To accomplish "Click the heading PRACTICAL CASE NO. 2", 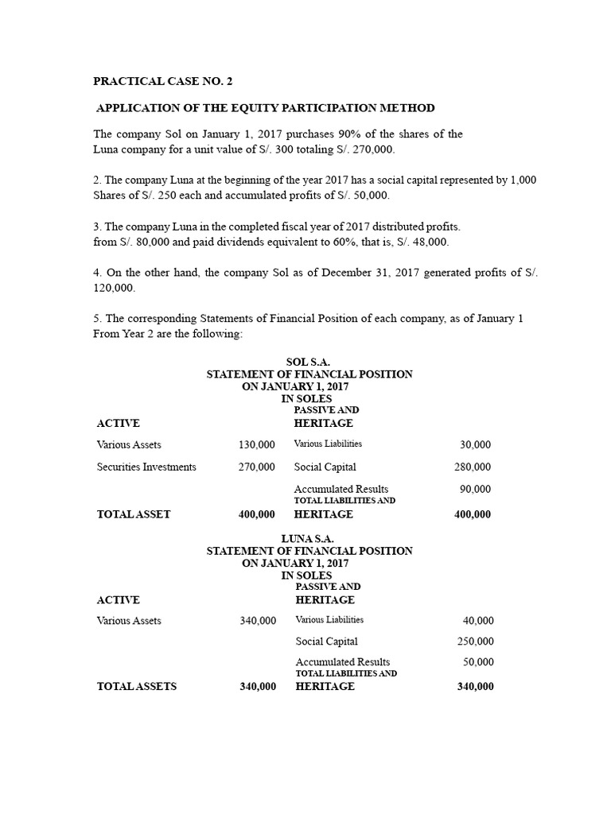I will (164, 81).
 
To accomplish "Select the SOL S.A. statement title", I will (308, 362).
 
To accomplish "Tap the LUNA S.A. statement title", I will (308, 539).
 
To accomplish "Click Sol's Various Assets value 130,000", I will (257, 444).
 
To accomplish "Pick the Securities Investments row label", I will (146, 467).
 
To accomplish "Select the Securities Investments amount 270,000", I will (257, 467).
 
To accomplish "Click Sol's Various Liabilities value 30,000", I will (476, 444).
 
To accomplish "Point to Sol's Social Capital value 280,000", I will (473, 467).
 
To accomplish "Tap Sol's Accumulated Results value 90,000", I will (476, 489).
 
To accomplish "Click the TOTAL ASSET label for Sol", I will (134, 514).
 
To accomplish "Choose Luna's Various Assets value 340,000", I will (258, 621).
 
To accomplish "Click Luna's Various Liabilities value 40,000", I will (478, 621).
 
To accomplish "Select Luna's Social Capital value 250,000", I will (475, 642).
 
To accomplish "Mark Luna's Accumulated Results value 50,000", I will (478, 662).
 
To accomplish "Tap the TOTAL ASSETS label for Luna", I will (137, 687).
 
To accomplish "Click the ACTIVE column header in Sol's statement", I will (118, 423).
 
